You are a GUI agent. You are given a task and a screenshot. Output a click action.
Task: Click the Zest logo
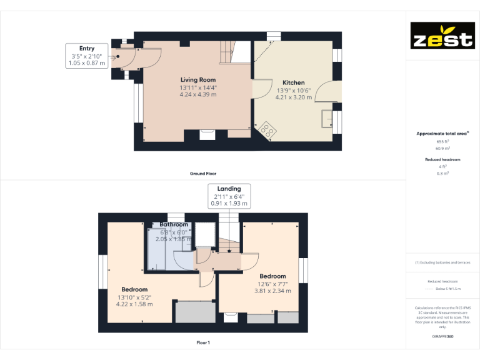pos(442,36)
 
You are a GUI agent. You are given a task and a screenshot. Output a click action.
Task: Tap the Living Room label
pos(198,80)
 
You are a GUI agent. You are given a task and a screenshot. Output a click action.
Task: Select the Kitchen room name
pos(294,82)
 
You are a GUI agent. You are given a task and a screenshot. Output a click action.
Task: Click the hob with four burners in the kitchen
pos(268,130)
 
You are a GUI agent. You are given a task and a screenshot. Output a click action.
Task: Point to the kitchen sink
pos(327,117)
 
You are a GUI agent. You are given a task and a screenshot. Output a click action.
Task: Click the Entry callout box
pos(87,56)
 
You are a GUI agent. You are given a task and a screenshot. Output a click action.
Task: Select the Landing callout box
pos(229,196)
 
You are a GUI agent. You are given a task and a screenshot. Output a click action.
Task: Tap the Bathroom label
pos(173,224)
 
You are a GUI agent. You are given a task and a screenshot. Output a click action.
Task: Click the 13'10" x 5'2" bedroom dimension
pos(135,297)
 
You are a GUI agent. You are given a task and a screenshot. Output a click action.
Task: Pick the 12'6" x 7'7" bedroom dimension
pos(272,283)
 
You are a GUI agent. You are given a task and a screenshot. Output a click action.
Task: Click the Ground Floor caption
pos(203,173)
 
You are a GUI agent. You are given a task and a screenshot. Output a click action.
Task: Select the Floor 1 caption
pos(203,342)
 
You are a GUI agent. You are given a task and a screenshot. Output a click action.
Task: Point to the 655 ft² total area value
pos(442,142)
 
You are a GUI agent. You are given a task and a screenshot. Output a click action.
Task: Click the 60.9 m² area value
pos(442,149)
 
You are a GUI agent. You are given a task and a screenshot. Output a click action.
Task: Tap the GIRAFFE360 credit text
pos(442,337)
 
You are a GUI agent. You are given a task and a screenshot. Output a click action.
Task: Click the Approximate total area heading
pos(442,134)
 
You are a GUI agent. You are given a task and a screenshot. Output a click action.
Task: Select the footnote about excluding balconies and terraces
pos(442,262)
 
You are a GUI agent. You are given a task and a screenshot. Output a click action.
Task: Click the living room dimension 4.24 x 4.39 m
pos(198,95)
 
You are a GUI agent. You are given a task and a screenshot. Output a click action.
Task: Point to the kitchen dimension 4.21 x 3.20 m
pos(294,97)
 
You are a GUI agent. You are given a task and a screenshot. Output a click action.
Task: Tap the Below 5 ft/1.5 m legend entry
pos(448,289)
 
